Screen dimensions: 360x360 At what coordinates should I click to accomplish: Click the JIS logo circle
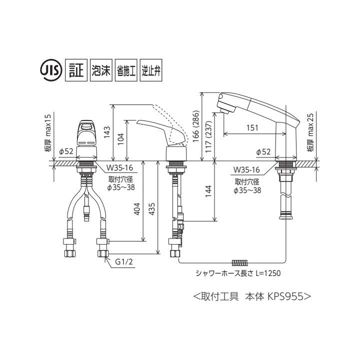pyautogui.click(x=50, y=70)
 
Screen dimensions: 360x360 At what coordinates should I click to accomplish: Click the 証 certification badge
pyautogui.click(x=75, y=70)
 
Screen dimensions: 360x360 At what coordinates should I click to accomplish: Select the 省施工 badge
pyautogui.click(x=126, y=70)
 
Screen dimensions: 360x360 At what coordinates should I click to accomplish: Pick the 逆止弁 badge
pyautogui.click(x=152, y=70)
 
